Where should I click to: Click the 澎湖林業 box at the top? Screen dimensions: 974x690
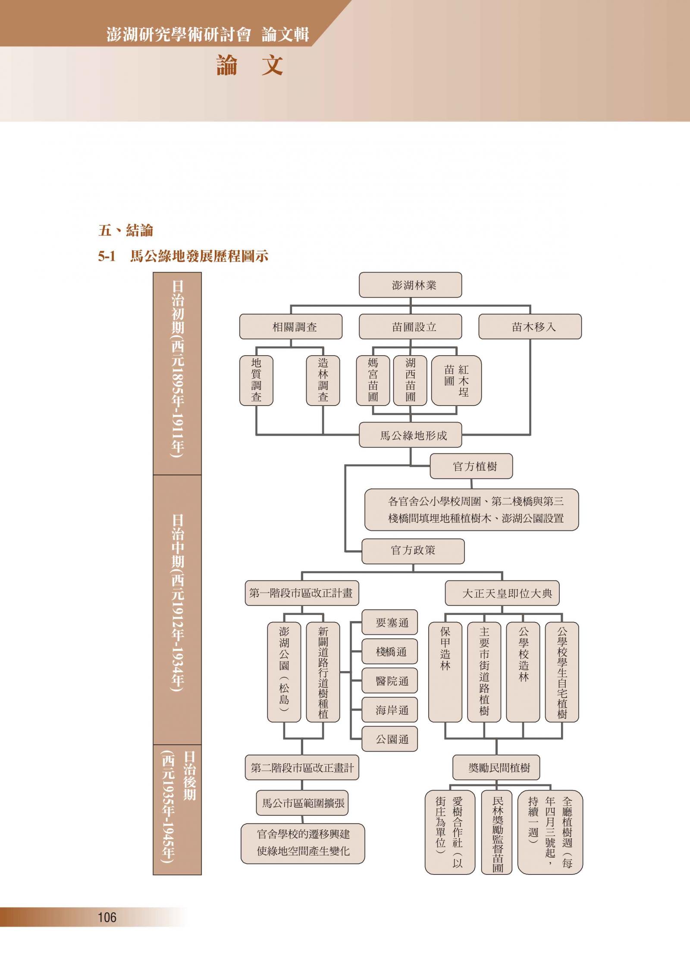point(410,285)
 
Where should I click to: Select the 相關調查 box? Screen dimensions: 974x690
point(291,327)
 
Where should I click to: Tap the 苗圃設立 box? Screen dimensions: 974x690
point(410,327)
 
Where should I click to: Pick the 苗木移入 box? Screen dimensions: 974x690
point(530,327)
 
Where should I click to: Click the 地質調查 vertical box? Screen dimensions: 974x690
point(256,380)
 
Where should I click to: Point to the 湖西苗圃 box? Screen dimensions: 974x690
point(410,380)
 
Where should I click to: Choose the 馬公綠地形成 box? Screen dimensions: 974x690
point(410,435)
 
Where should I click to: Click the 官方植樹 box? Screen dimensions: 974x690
point(471,466)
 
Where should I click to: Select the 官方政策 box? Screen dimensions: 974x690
point(413,550)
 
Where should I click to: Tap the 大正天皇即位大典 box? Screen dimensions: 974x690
point(502,593)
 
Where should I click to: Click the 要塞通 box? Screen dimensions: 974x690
point(389,622)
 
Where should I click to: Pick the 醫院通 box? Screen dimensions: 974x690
point(389,681)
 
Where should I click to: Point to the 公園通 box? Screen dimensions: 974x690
point(389,740)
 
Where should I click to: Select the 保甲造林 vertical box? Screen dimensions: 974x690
point(445,672)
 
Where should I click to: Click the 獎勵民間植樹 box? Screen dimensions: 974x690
point(496,768)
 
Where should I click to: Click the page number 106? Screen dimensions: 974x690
point(107,917)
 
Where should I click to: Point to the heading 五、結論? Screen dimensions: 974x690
point(125,231)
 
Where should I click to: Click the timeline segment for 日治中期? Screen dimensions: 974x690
point(177,609)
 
